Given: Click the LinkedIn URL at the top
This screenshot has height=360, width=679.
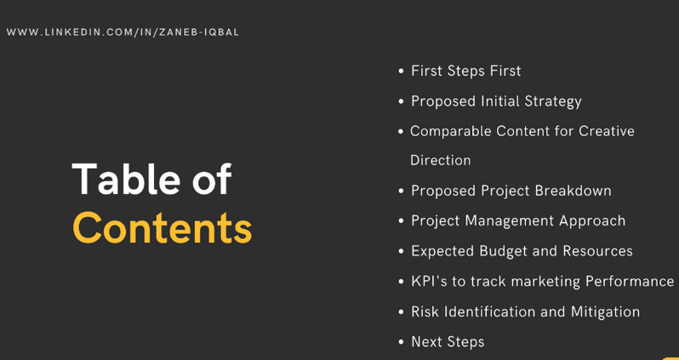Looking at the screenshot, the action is point(123,32).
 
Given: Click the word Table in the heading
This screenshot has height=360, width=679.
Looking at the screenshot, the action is point(127,179).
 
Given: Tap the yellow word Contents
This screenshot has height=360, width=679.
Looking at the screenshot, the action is point(162,227).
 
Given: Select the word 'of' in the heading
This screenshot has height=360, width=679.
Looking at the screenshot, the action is point(212,179).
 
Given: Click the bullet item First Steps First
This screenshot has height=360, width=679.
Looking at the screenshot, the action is point(466,71).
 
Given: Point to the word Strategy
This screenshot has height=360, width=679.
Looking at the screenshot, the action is point(553,102).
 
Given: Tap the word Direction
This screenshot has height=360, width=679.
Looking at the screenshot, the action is point(441,160).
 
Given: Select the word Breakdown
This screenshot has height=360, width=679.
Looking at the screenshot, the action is point(573,191).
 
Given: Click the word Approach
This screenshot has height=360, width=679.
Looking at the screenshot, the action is point(592,221).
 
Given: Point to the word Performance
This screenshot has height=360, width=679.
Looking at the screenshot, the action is point(630,282).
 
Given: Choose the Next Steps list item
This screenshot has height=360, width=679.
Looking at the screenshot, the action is point(448,342).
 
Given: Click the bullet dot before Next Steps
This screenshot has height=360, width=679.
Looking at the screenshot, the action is point(401,342).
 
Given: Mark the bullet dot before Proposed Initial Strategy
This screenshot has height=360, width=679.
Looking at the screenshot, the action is point(401,102).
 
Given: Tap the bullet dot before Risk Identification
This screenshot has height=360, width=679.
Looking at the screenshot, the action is point(401,312).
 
